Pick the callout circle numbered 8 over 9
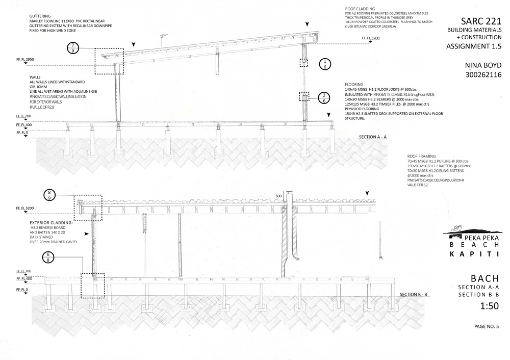click(50, 195)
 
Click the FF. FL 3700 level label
click(370, 38)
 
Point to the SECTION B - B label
click(417, 295)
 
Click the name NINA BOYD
click(483, 65)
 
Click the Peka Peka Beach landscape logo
click(464, 230)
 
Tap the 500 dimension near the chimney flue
click(278, 196)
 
